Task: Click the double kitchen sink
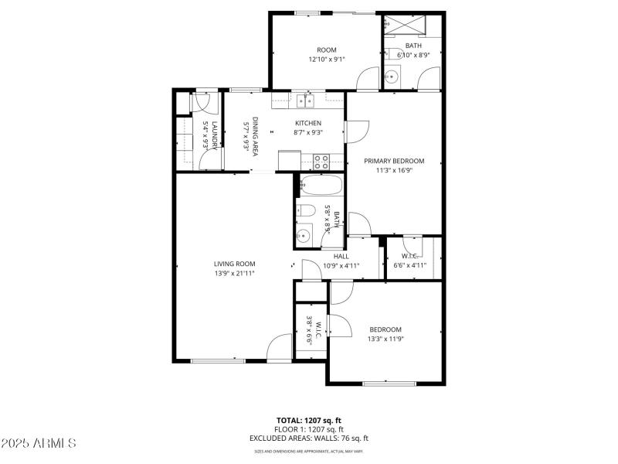pos(304,99)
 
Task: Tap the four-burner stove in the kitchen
pos(321,162)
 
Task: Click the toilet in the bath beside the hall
pos(306,211)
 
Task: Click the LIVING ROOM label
pos(235,264)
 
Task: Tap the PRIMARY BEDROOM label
pos(394,161)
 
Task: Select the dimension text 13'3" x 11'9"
pos(385,339)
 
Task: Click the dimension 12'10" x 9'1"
pos(327,59)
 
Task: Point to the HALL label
pos(341,256)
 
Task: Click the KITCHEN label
pos(307,123)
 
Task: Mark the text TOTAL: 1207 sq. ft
pos(308,421)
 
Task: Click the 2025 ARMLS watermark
pos(39,443)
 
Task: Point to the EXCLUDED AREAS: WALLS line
pos(308,438)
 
